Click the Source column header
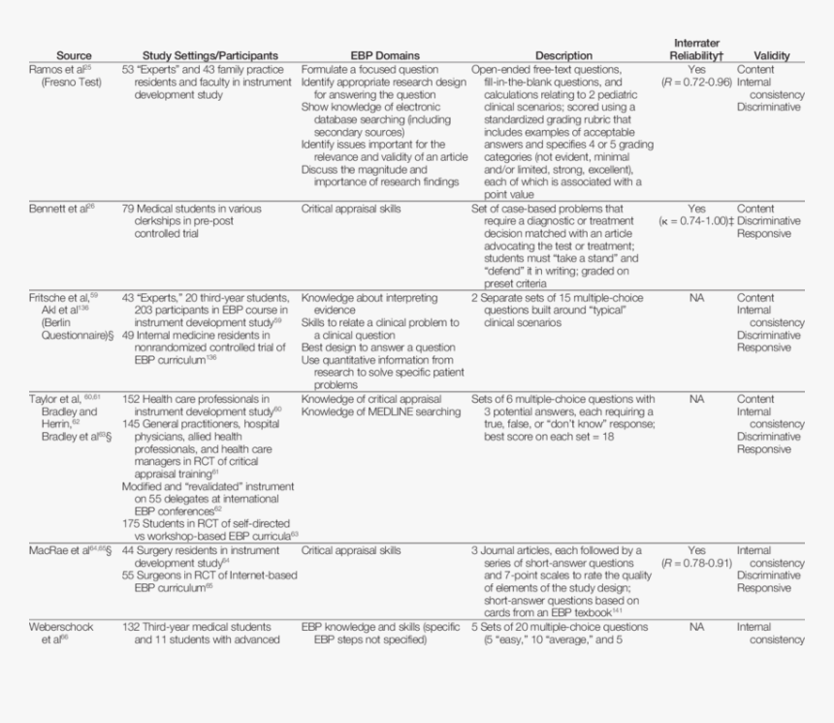74,56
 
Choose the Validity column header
771,56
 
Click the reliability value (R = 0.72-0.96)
696,83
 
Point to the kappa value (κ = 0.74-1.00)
695,221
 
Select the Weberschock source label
60,627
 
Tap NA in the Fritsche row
696,298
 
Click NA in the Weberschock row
696,627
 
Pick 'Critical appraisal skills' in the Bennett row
351,209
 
